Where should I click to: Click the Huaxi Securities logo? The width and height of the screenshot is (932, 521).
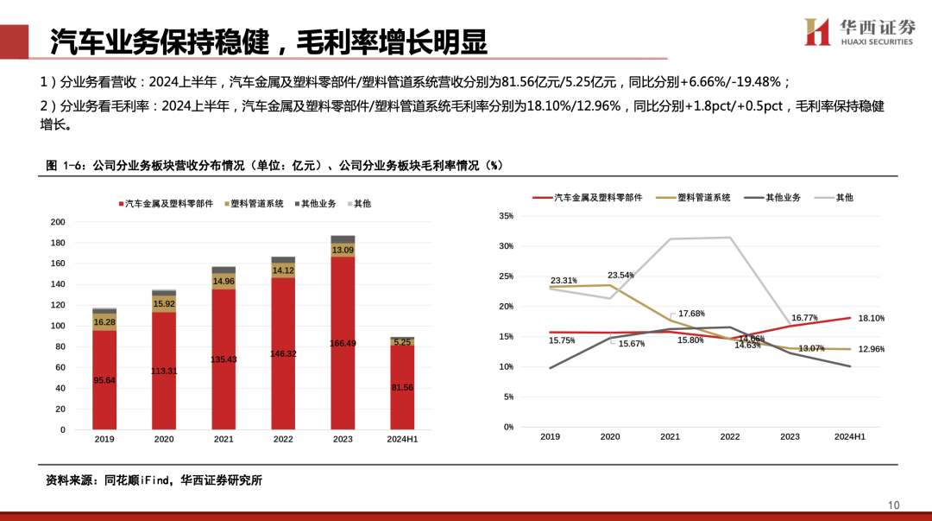(x=858, y=32)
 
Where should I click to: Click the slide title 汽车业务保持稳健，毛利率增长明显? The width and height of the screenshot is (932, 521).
(x=268, y=41)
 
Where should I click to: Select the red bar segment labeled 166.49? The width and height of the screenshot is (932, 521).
(x=343, y=343)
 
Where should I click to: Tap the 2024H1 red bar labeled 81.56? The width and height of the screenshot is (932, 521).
(x=402, y=388)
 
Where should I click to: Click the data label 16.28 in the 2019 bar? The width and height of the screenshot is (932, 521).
(x=104, y=322)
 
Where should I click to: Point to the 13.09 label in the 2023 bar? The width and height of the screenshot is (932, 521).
(x=343, y=251)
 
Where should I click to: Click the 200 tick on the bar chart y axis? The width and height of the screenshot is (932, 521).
(x=58, y=222)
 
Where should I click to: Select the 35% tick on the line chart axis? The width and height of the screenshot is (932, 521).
(x=507, y=216)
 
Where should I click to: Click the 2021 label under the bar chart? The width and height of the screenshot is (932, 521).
(x=224, y=439)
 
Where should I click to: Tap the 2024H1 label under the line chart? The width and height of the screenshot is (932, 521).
(x=849, y=437)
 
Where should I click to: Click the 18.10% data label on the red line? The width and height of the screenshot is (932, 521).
(x=872, y=319)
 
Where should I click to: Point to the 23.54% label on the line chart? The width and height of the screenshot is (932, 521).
(x=620, y=276)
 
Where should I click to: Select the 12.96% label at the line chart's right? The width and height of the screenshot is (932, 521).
(x=872, y=349)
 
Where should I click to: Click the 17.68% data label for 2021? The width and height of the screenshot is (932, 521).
(x=691, y=314)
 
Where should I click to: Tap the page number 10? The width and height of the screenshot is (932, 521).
(x=893, y=505)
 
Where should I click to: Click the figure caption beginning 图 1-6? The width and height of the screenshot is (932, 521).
(x=274, y=165)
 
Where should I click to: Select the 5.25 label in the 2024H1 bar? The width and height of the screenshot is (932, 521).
(x=402, y=342)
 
